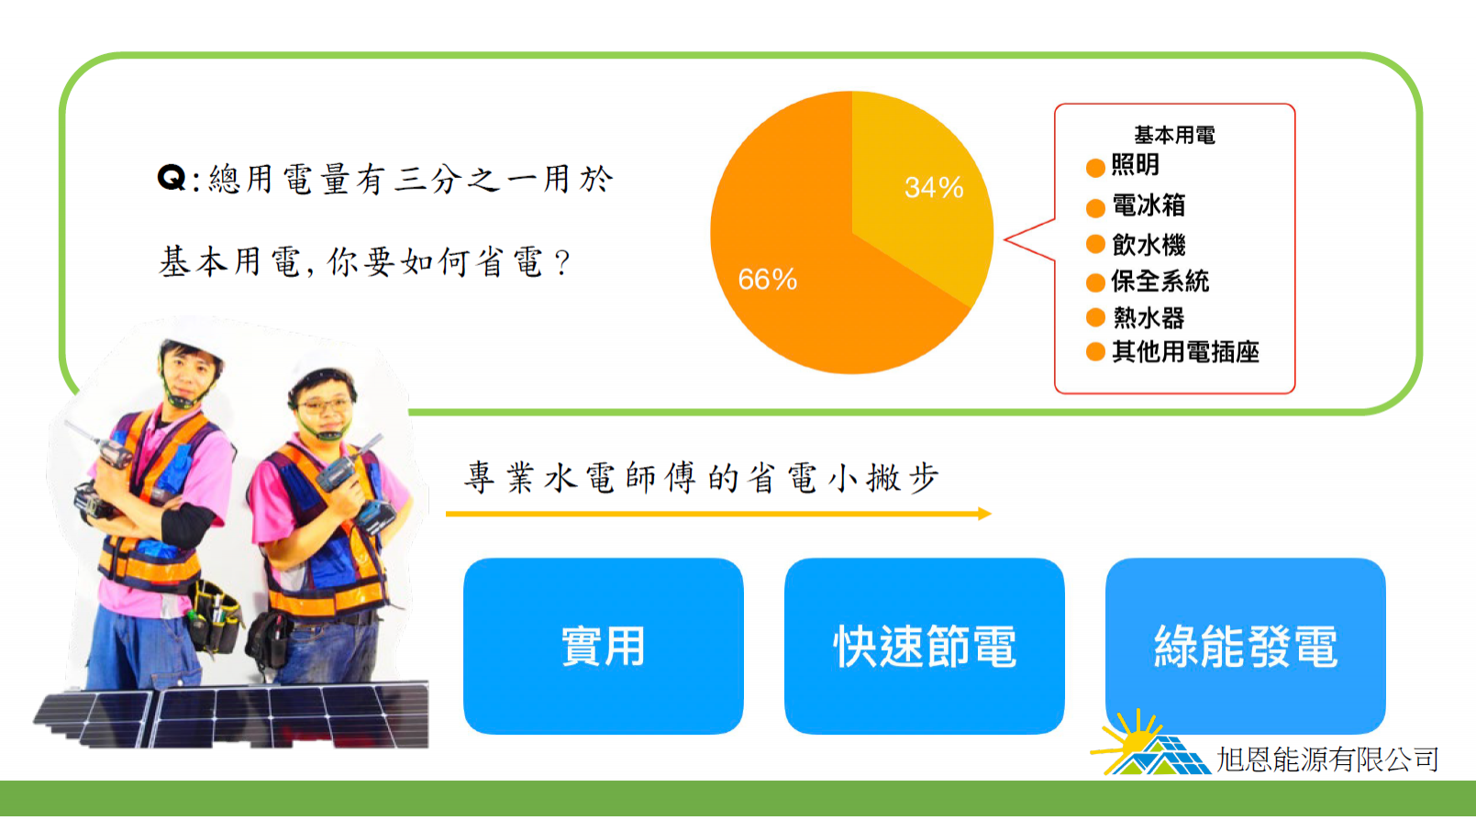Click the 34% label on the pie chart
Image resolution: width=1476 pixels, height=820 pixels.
(934, 188)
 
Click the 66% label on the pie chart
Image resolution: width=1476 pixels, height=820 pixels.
(767, 280)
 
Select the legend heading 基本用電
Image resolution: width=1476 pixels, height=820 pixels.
(1174, 135)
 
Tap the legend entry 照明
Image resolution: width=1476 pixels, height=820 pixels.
(1135, 165)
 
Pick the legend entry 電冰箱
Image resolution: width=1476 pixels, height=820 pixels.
(1149, 205)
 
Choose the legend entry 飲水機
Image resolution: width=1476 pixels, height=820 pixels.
(1149, 245)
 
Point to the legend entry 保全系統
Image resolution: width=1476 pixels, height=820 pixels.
(1160, 282)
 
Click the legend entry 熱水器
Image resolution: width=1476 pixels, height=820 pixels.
(1149, 318)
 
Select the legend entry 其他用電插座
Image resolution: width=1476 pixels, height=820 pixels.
(1185, 352)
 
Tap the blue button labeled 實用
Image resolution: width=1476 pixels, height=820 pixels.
(603, 646)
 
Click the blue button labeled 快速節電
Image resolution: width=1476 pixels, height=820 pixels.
(924, 646)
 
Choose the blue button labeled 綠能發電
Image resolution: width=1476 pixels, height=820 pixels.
(1246, 646)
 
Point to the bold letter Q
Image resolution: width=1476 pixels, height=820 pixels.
(172, 178)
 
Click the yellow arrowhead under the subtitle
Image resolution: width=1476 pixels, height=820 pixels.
(985, 514)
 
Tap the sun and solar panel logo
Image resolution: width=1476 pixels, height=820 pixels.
(1149, 743)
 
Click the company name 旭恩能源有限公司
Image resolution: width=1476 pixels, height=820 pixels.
(1327, 759)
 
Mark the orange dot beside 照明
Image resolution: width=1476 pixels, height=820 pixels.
(1095, 168)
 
